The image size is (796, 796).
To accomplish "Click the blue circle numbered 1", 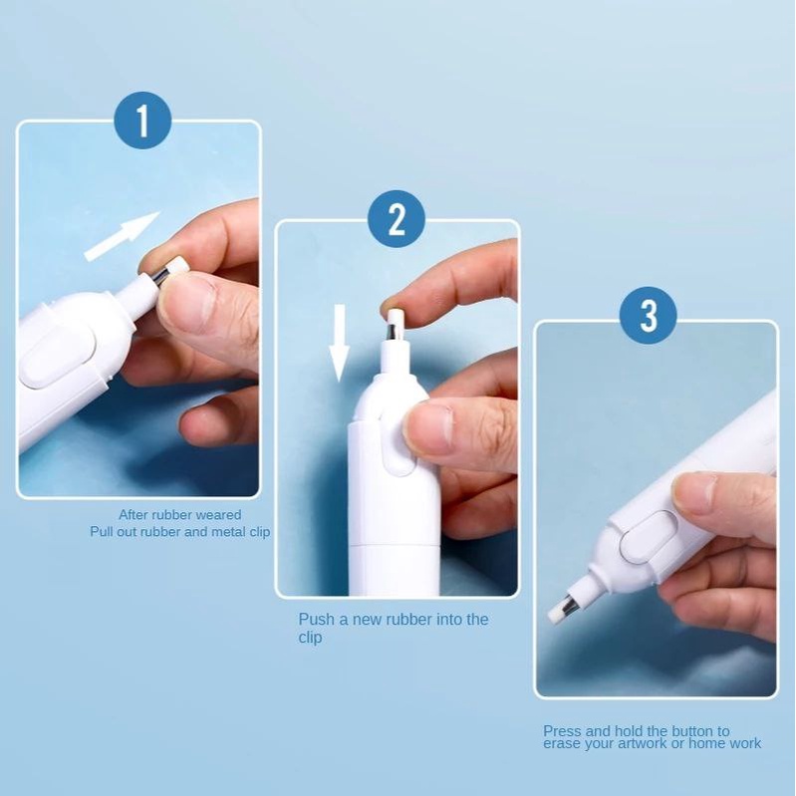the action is click(142, 121).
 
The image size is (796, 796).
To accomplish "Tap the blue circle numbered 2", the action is click(397, 219).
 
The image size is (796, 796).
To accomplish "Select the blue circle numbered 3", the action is click(649, 315).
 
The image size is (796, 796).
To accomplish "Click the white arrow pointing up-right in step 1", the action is click(122, 236).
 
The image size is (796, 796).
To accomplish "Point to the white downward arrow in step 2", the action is click(339, 343).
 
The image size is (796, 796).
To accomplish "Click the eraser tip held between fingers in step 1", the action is click(177, 268).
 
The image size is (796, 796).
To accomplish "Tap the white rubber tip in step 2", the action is click(394, 317).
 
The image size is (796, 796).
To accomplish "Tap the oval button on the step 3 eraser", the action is click(650, 538).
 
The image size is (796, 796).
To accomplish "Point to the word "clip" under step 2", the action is click(310, 638).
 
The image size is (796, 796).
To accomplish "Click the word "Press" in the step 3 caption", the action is click(562, 731).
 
